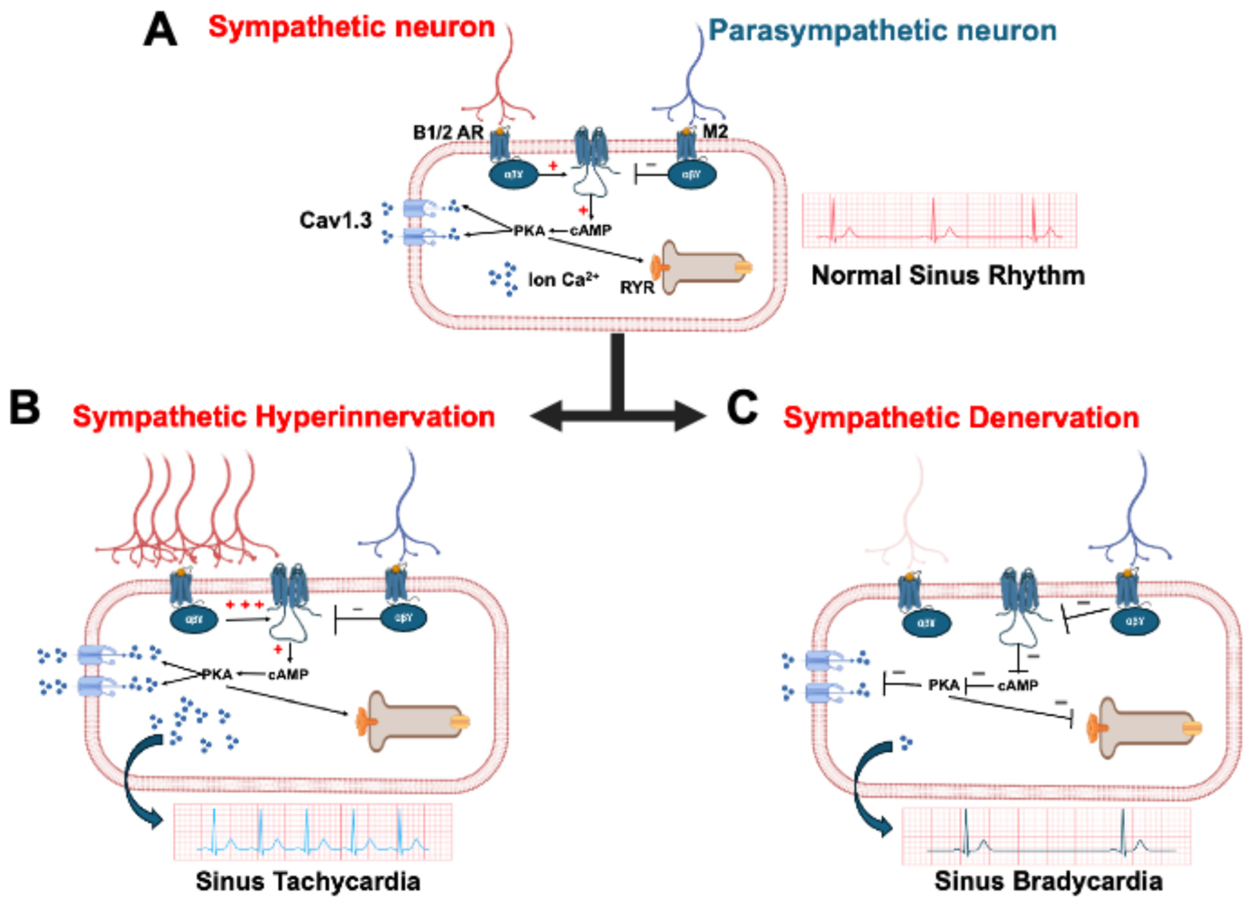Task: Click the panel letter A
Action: (x=160, y=31)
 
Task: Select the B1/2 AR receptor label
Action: (x=448, y=133)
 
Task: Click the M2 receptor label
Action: (x=715, y=131)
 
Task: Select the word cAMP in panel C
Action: (x=1018, y=685)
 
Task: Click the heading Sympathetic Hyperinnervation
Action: (x=284, y=417)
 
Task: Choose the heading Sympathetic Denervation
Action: (x=961, y=418)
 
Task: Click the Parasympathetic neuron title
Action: (x=882, y=30)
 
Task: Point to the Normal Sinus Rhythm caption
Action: (x=948, y=275)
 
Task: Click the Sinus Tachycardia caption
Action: (x=308, y=881)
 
